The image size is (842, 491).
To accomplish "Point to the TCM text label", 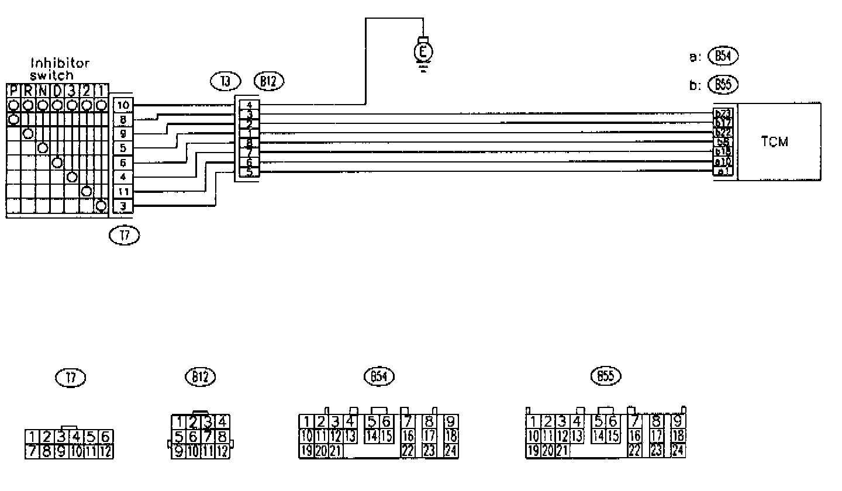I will pyautogui.click(x=775, y=142).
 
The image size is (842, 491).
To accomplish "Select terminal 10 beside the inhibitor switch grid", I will pyautogui.click(x=123, y=105).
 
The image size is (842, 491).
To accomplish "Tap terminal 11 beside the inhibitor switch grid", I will pyautogui.click(x=123, y=192).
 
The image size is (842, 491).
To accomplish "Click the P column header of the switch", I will pyautogui.click(x=13, y=91).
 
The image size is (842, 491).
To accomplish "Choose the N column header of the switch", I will pyautogui.click(x=43, y=91).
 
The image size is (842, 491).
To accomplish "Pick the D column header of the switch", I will pyautogui.click(x=57, y=91).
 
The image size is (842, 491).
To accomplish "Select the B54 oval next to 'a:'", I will pyautogui.click(x=723, y=56).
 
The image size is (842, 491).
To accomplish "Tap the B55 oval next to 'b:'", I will pyautogui.click(x=723, y=85).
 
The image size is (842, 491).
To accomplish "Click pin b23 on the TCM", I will pyautogui.click(x=723, y=113).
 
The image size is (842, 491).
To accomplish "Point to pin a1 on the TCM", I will pyautogui.click(x=723, y=171).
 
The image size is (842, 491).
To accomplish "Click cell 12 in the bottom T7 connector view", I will pyautogui.click(x=106, y=451).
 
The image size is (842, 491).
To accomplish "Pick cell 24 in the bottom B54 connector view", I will pyautogui.click(x=450, y=451).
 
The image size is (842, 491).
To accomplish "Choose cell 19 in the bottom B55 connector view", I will pyautogui.click(x=533, y=451).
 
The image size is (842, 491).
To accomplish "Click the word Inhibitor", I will pyautogui.click(x=60, y=63).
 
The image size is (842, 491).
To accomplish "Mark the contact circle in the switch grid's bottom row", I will pyautogui.click(x=101, y=206).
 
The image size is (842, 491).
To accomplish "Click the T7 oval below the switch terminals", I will pyautogui.click(x=125, y=236).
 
